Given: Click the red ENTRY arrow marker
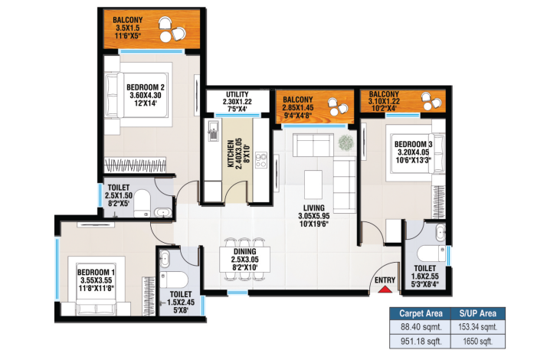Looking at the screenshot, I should tap(385, 288).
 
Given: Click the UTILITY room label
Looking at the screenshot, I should tap(236, 94).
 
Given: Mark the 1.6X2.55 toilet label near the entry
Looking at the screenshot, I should tap(424, 279).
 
